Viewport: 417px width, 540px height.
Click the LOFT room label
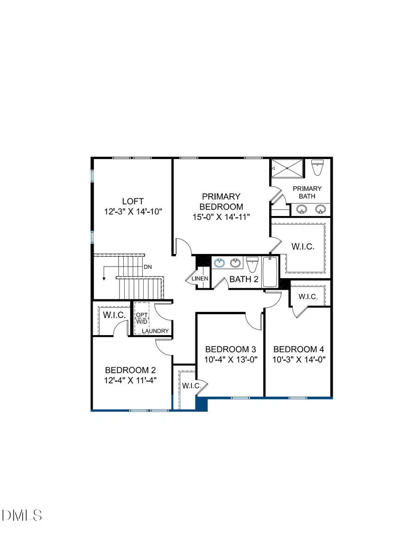(x=133, y=201)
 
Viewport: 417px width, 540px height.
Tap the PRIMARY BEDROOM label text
(x=221, y=202)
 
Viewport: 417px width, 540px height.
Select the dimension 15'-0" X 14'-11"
(x=221, y=217)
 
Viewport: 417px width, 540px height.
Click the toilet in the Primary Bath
(x=317, y=167)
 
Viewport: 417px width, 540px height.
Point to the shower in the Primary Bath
(x=287, y=167)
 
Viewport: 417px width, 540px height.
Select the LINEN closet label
(x=200, y=279)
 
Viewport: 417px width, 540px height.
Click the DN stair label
(x=148, y=267)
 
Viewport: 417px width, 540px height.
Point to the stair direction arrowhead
(x=104, y=278)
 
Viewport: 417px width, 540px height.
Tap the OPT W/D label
(x=141, y=318)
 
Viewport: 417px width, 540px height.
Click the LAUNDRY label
(x=155, y=331)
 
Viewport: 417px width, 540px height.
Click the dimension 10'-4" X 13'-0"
(x=231, y=359)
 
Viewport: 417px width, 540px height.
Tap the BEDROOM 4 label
(x=298, y=349)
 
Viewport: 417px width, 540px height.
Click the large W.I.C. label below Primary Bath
(x=303, y=247)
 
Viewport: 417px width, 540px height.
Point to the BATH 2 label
(x=244, y=279)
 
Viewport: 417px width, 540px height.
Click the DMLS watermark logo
(x=22, y=515)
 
